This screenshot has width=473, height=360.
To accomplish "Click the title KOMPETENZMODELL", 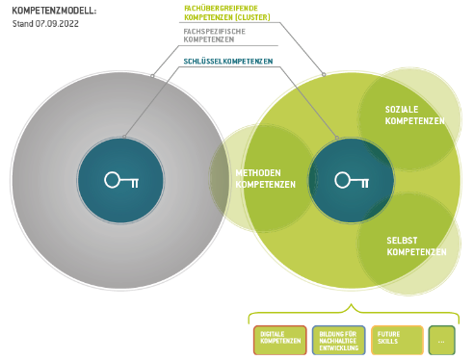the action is [54, 11].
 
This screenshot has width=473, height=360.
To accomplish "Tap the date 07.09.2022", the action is [57, 24].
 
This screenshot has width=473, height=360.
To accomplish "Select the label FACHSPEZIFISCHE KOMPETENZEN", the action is [214, 36].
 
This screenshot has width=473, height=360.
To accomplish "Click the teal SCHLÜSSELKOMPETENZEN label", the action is [228, 62].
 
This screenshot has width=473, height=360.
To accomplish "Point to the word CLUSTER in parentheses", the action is [252, 17].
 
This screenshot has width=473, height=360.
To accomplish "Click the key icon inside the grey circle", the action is [121, 180].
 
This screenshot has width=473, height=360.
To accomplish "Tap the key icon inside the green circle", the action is [352, 180].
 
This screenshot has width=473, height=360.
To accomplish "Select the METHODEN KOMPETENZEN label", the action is [265, 179].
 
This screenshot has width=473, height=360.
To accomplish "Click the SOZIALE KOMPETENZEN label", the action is [415, 116].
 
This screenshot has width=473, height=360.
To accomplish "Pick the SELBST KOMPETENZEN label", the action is [416, 246].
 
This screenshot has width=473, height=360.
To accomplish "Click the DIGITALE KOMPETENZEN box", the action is [280, 340].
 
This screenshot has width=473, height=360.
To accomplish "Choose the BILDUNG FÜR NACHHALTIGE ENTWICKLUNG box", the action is [338, 340].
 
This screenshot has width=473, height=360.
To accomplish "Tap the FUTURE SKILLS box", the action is [397, 340].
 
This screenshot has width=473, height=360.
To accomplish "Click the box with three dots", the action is [442, 340].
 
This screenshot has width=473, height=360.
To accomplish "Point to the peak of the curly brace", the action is [352, 304].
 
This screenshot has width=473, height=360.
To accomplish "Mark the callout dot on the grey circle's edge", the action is [152, 76].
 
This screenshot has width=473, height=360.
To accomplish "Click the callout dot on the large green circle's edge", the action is [324, 74].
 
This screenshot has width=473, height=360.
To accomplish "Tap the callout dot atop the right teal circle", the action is [337, 138].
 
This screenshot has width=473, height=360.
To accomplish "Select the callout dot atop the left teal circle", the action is [124, 137].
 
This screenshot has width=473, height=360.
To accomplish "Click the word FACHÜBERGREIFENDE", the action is [221, 9].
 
